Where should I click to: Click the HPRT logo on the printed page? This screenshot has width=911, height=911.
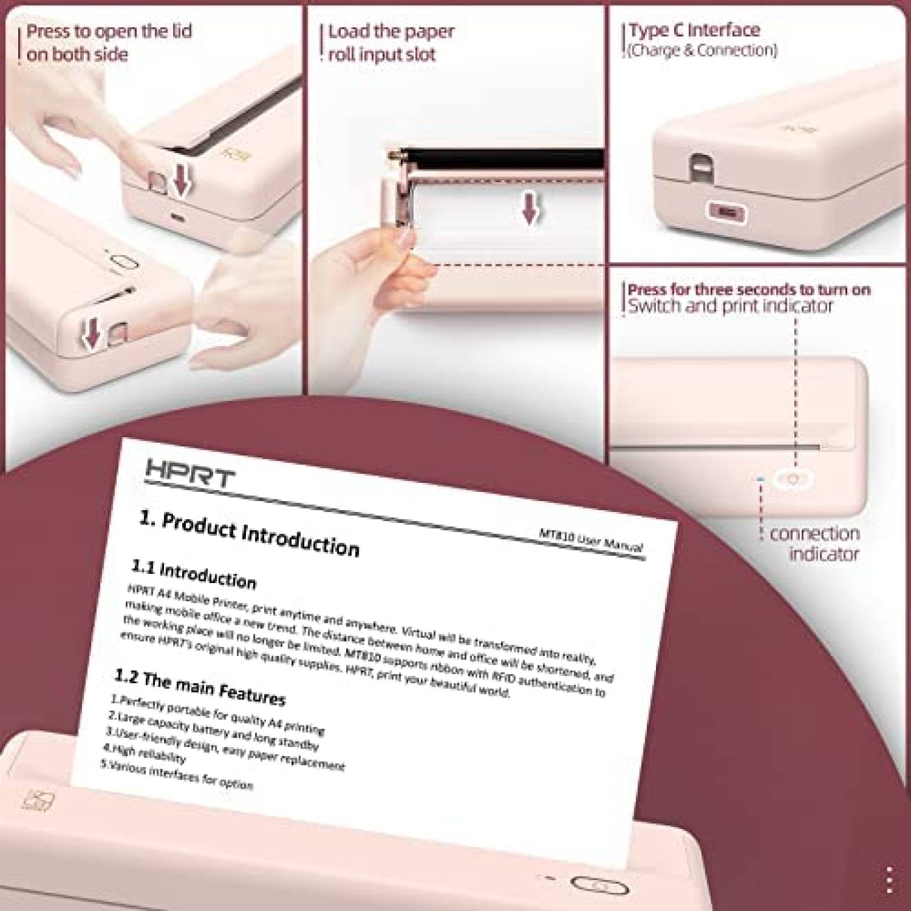pyautogui.click(x=190, y=472)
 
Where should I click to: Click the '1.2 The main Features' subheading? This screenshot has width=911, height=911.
pyautogui.click(x=200, y=687)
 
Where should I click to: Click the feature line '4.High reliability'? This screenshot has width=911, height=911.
pyautogui.click(x=145, y=753)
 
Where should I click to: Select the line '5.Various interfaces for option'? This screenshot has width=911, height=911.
pyautogui.click(x=177, y=775)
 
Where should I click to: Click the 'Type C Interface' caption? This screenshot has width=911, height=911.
pyautogui.click(x=694, y=30)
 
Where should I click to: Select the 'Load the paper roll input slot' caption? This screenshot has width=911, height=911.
pyautogui.click(x=391, y=43)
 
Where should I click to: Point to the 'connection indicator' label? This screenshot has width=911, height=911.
pyautogui.click(x=814, y=543)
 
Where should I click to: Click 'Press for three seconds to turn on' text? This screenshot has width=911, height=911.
pyautogui.click(x=749, y=289)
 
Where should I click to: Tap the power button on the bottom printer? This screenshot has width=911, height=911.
pyautogui.click(x=598, y=885)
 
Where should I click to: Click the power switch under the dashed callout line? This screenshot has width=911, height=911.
pyautogui.click(x=793, y=479)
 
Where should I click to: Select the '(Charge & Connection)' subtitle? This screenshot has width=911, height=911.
pyautogui.click(x=702, y=51)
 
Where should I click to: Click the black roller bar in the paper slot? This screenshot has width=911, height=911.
pyautogui.click(x=501, y=155)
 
